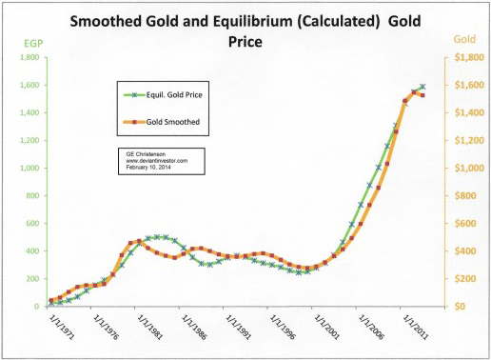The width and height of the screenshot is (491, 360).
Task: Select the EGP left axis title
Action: coord(33,44)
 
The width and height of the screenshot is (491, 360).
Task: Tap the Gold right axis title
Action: coord(464,39)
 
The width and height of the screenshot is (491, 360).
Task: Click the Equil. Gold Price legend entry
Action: coord(163,95)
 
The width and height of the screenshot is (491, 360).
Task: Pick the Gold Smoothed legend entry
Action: coord(162,122)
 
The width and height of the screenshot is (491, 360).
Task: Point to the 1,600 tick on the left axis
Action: coord(29,85)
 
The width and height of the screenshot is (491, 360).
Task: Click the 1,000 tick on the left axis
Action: coord(29,168)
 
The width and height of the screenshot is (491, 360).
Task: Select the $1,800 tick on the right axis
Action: coord(469,57)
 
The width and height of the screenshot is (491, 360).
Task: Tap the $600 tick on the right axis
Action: coord(465,224)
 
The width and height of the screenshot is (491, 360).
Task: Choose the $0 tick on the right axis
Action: coord(461,307)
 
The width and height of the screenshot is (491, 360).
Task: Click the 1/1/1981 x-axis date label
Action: coord(149,328)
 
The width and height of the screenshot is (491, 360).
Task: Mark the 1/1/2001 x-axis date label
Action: coord(326,328)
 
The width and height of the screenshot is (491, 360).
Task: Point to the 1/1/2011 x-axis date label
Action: coord(415,328)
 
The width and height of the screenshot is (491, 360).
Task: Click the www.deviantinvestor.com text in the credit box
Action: coord(157,161)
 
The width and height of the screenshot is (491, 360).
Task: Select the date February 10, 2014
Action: coord(148,167)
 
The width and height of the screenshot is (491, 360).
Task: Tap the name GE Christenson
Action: coord(146,154)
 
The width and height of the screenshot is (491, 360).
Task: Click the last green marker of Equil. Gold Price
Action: coord(422,87)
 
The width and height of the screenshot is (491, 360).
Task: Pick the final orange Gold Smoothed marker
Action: coord(422,95)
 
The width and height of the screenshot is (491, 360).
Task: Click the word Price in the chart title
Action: coord(245,42)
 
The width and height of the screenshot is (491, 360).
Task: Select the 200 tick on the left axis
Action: coord(32,279)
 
